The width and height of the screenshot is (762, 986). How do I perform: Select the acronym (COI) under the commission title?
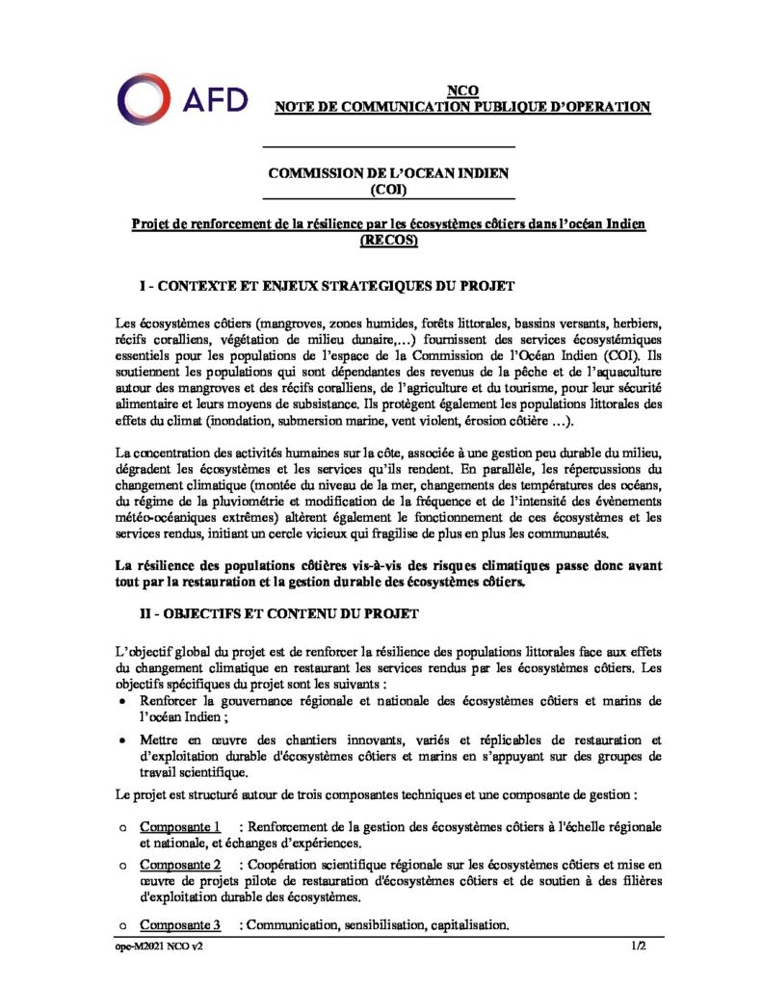[x=388, y=189]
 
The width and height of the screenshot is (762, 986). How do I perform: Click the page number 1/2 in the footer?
[x=637, y=947]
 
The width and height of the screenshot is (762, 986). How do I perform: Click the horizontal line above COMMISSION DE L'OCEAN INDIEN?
[x=388, y=146]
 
